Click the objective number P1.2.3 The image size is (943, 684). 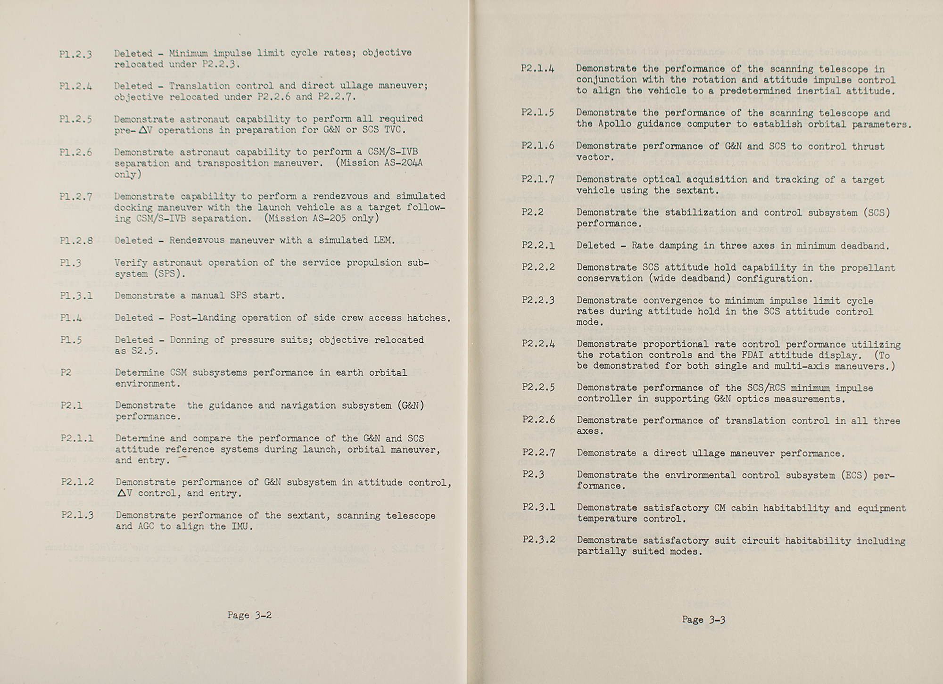75,54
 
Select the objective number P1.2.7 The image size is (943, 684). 76,197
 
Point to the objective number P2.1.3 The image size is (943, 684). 77,515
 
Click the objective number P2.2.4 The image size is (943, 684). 538,344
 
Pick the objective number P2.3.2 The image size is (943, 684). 538,540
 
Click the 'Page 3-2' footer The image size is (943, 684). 249,615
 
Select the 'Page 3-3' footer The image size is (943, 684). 703,620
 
